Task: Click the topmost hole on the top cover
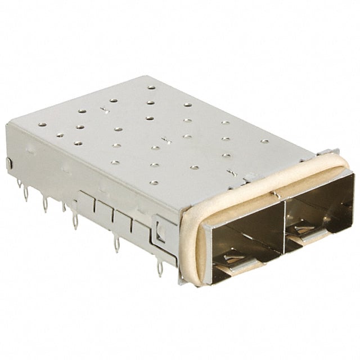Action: (151, 87)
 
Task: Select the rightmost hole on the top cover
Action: (264, 141)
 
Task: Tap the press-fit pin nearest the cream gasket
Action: (160, 271)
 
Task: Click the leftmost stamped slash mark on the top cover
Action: (103, 109)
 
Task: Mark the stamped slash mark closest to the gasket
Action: (229, 172)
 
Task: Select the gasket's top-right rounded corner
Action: (343, 166)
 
